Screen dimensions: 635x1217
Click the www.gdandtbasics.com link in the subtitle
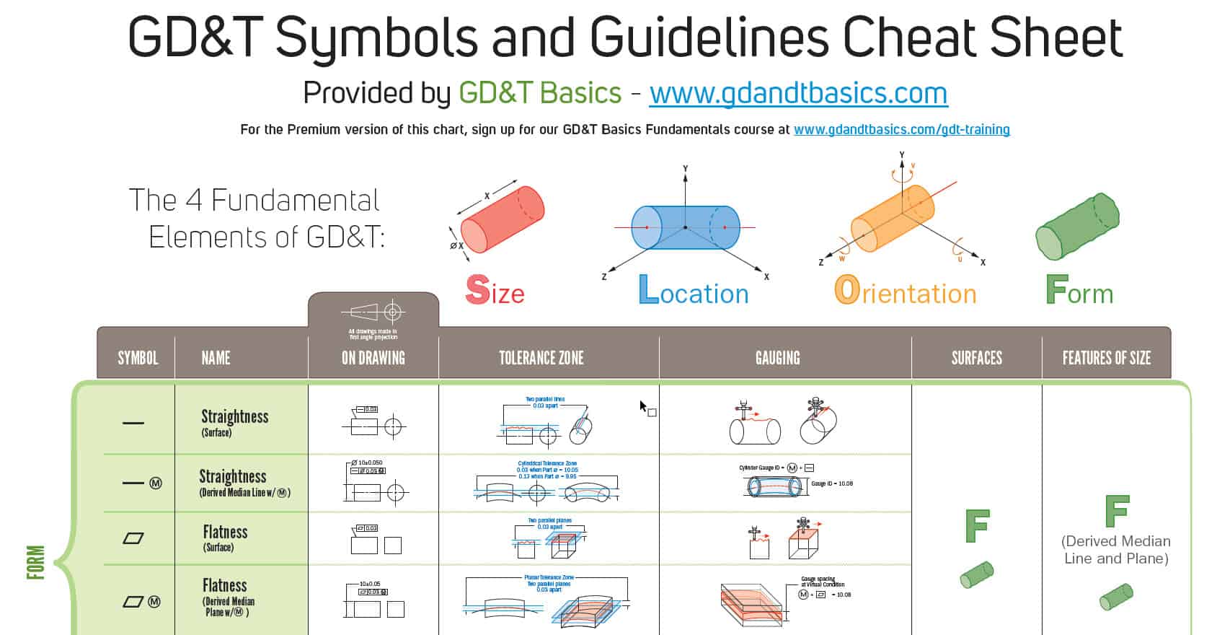(798, 94)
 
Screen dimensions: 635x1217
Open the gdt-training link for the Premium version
(901, 130)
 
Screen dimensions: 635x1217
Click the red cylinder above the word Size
(503, 219)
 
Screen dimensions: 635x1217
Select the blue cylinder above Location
(685, 227)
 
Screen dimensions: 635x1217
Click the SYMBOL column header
(138, 358)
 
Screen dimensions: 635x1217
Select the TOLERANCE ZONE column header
(541, 358)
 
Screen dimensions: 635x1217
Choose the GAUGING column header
(777, 358)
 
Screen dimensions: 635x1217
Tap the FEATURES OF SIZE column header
(1106, 358)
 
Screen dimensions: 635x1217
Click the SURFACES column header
(976, 358)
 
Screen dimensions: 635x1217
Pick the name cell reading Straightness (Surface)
(234, 422)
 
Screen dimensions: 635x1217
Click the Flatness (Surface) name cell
(225, 538)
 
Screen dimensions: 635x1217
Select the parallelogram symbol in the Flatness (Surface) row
(133, 538)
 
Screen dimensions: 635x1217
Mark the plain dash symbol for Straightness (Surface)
(133, 423)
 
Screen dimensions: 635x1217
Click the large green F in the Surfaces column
(977, 526)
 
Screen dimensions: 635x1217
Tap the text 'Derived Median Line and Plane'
(1116, 550)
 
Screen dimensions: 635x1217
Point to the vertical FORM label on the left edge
(35, 563)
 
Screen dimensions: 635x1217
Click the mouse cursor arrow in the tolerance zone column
(643, 406)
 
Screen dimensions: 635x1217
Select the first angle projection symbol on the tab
(373, 312)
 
